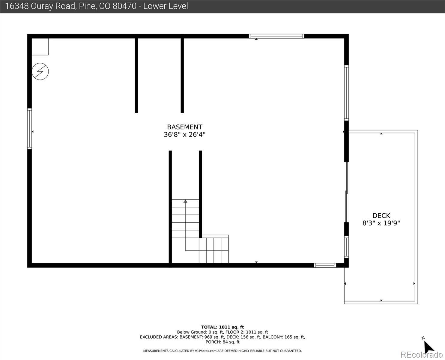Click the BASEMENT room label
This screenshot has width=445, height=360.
point(184,127)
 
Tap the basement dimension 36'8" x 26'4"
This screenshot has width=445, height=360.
point(184,135)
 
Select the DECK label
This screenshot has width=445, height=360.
point(381,216)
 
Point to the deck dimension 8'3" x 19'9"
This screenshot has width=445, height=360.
point(381,223)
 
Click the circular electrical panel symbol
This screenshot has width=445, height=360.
point(40,71)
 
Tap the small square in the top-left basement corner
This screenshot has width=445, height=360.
point(40,46)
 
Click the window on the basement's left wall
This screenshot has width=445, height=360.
point(29,129)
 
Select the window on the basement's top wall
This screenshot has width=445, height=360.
point(276,36)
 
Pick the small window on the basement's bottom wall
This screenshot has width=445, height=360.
point(325,265)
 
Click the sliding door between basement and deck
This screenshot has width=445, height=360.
point(346,192)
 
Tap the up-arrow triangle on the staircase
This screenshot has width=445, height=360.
point(185,201)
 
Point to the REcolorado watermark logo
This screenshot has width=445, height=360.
point(421,355)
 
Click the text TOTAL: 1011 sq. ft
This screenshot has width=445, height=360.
point(222,327)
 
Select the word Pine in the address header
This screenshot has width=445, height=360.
point(88,6)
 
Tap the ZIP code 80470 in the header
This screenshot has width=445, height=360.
point(124,6)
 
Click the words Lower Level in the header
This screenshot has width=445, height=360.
point(166,6)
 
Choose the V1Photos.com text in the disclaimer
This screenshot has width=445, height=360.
point(206,351)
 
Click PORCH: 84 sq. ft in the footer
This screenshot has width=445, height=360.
point(222,342)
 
